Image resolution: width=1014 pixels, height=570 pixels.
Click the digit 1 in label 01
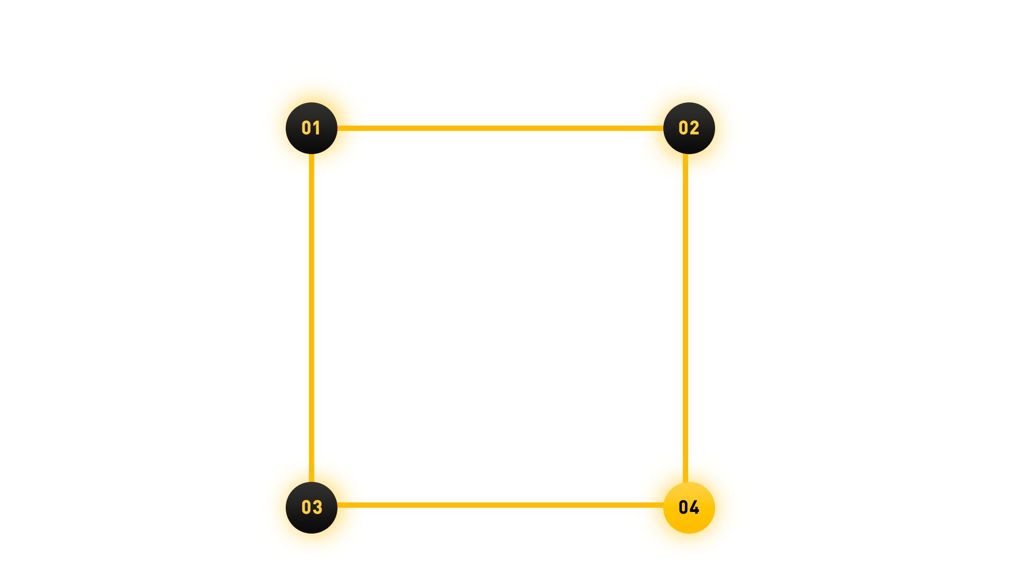[x=317, y=128]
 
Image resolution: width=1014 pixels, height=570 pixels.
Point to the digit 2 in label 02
[x=694, y=128]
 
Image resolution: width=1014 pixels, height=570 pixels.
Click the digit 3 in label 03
[x=317, y=508]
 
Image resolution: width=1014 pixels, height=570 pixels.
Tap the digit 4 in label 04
[x=695, y=508]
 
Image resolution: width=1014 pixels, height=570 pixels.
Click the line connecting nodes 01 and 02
[x=501, y=128]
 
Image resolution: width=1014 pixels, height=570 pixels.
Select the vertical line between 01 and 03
[x=312, y=317]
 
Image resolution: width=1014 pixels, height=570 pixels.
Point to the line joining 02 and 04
[x=686, y=317]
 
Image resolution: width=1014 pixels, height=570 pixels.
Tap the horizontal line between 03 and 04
[x=501, y=505]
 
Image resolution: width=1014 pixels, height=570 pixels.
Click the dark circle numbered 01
[x=312, y=142]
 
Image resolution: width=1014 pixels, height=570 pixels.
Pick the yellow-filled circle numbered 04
[x=689, y=522]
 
